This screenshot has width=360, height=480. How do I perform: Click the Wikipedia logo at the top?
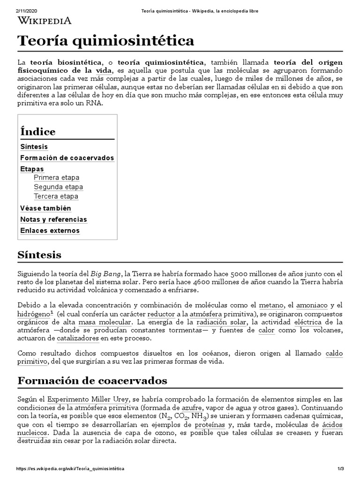[x=45, y=20]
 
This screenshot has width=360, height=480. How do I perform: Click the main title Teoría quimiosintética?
[x=105, y=41]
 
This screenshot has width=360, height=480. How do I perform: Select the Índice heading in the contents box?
[x=38, y=131]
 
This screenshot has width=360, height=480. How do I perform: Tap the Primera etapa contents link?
[x=56, y=178]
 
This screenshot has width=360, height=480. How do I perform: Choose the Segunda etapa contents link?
[x=58, y=187]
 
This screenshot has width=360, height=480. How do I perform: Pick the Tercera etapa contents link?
[x=56, y=196]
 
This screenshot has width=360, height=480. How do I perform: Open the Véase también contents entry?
[x=45, y=208]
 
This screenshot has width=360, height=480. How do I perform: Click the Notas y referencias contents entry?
[x=53, y=219]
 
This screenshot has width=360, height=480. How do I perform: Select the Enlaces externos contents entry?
[x=50, y=231]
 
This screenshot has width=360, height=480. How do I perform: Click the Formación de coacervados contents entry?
[x=67, y=158]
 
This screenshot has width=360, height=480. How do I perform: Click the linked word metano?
[x=271, y=305]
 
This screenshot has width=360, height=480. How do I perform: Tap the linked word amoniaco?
[x=313, y=305]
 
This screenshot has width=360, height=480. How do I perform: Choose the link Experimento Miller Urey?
[x=89, y=399]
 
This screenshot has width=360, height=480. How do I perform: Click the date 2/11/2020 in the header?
[x=26, y=10]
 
